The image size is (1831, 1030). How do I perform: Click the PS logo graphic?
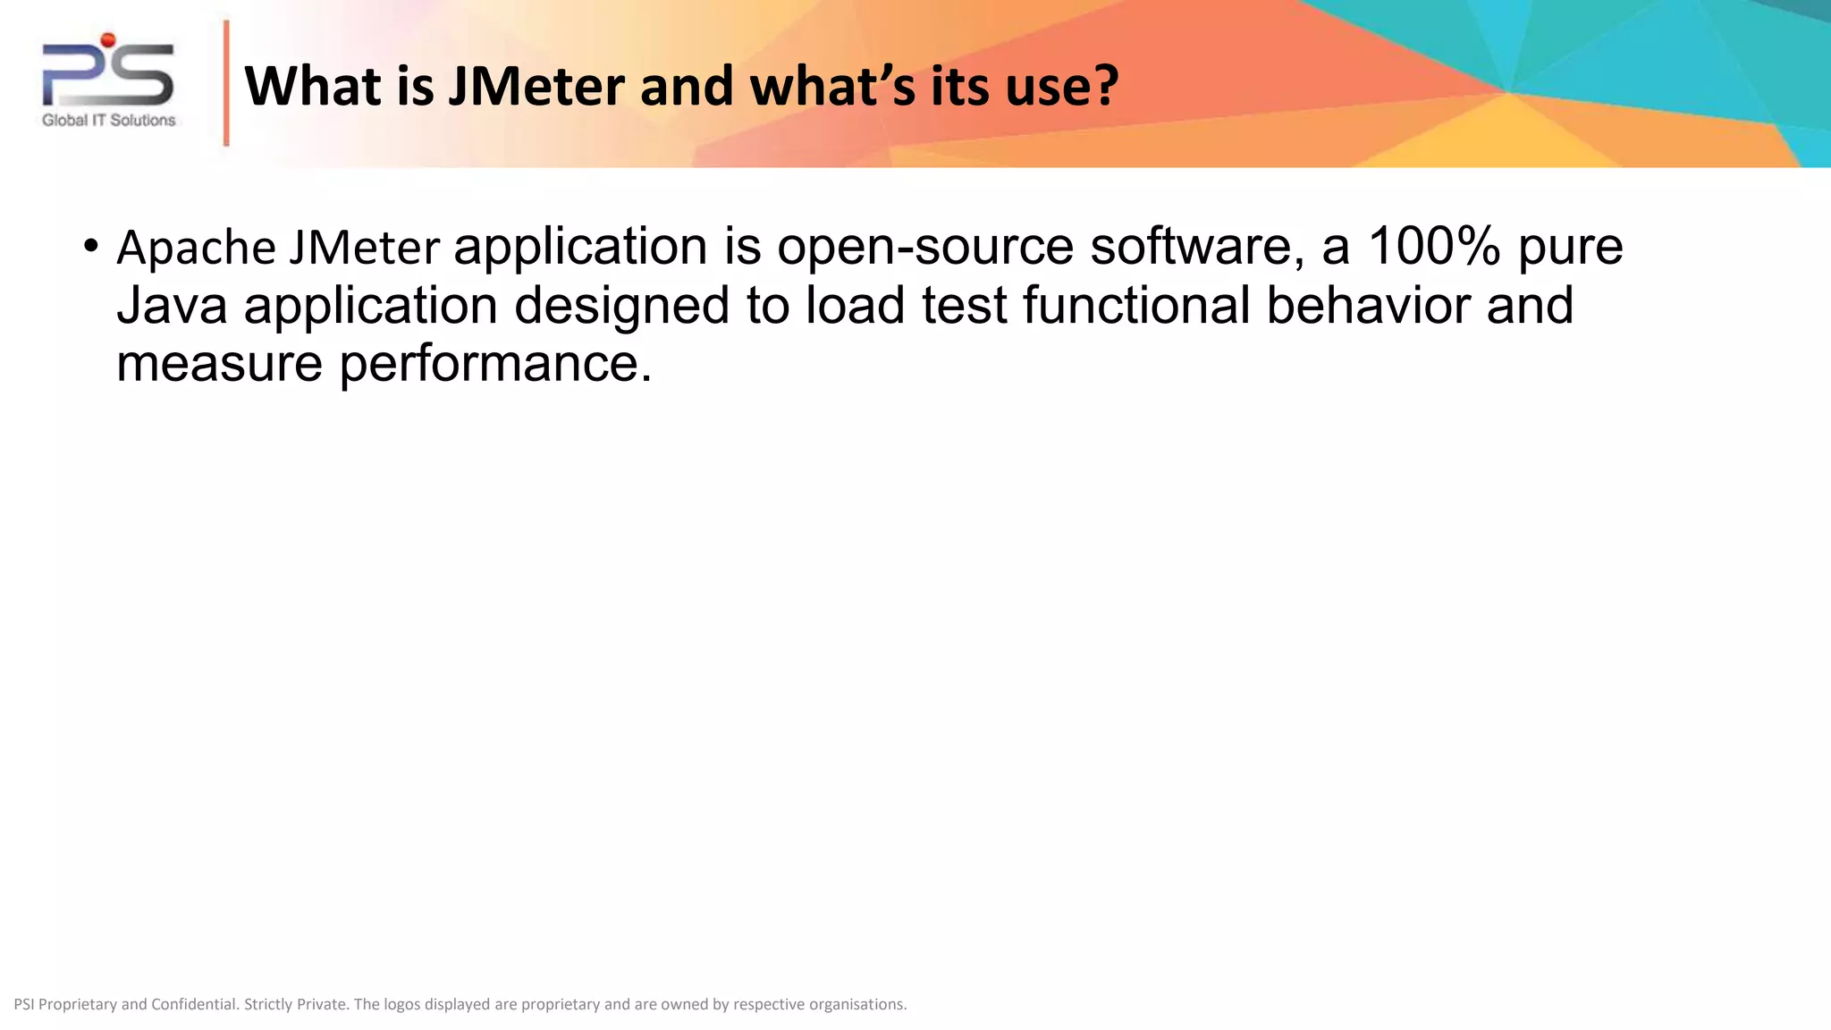108,75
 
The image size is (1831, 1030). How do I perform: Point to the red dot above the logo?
108,39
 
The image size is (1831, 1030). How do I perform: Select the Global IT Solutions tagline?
109,121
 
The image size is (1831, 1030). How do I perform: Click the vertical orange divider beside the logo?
226,83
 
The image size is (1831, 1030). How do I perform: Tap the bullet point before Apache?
90,246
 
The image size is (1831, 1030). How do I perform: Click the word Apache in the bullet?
196,248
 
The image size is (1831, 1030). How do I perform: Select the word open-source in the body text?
924,246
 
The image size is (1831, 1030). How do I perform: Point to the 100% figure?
1433,246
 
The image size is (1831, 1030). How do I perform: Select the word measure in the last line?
219,364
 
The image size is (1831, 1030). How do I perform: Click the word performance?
495,366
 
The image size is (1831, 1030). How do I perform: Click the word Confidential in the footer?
194,1004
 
